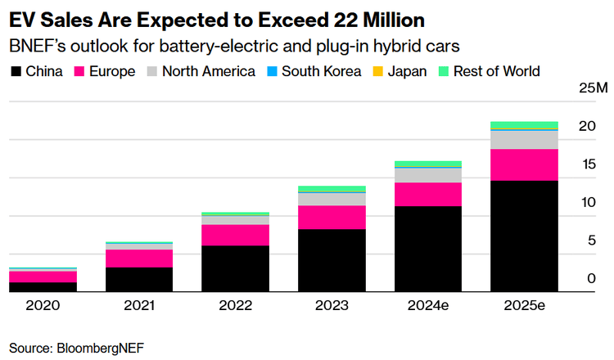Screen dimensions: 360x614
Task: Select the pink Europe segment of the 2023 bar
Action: (332, 218)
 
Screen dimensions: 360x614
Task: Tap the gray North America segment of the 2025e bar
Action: (524, 140)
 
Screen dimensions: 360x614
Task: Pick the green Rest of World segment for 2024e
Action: (427, 164)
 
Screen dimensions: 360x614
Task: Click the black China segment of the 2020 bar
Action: (43, 287)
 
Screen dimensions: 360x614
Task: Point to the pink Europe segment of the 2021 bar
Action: (139, 259)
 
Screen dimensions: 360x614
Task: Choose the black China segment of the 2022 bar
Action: (235, 268)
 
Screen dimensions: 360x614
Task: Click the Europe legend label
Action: (113, 71)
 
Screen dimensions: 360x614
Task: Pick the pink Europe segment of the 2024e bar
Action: (427, 195)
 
